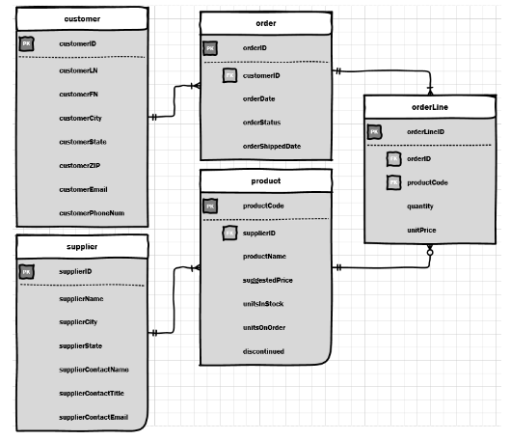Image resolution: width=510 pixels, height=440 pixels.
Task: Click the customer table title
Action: [82, 19]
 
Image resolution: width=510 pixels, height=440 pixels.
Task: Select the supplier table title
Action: [82, 247]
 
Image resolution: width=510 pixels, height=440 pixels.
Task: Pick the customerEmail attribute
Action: [83, 189]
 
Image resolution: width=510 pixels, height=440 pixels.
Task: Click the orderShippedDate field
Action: [271, 146]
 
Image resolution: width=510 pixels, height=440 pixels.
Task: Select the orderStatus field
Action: [261, 122]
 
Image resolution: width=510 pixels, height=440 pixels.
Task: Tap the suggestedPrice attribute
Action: [267, 280]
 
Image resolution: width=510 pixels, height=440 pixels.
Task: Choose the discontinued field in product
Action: [263, 351]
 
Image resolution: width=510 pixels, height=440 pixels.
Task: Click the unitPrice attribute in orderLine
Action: [421, 231]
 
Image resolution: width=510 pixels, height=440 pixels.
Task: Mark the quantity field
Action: [419, 206]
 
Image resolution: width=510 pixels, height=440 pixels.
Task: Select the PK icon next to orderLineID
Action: [375, 132]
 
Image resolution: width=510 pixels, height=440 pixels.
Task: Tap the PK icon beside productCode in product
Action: [210, 206]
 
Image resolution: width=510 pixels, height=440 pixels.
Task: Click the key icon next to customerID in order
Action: [229, 75]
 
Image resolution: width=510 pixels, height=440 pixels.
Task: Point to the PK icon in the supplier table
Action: [27, 272]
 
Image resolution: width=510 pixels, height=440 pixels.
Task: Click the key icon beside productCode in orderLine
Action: [393, 182]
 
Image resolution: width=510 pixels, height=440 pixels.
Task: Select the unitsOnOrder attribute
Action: [263, 327]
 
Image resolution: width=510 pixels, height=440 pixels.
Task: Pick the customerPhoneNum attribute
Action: [91, 213]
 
